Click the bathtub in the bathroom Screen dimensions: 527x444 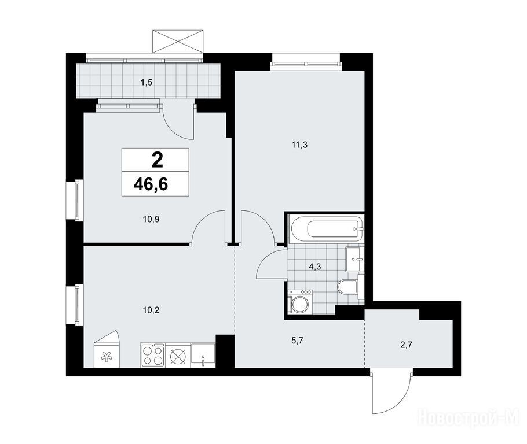click(327, 229)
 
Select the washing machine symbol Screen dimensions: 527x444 click(301, 302)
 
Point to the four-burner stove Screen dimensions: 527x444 click(153, 355)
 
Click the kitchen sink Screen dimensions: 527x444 click(203, 355)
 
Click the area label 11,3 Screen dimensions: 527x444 click(300, 145)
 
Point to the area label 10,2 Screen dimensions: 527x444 click(151, 310)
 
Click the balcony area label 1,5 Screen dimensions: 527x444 click(147, 82)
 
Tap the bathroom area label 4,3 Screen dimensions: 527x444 click(315, 267)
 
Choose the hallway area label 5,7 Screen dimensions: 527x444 click(298, 341)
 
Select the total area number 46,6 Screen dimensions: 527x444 click(151, 184)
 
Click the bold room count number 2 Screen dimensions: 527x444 click(158, 160)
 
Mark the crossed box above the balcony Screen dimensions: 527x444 click(178, 41)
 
